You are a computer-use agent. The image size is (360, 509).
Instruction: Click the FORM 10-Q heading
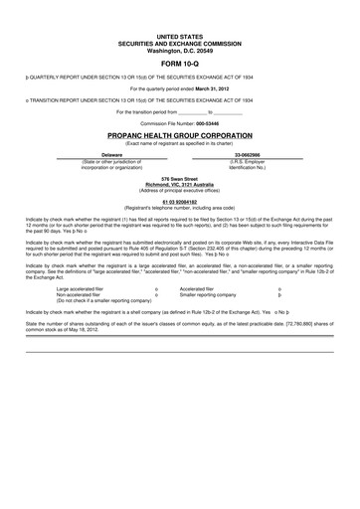(179, 65)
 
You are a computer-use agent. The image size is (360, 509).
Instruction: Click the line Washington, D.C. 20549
(179, 48)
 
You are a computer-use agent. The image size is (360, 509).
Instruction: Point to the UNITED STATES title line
(179, 35)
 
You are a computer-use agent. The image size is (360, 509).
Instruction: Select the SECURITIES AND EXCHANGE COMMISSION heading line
(179, 42)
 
